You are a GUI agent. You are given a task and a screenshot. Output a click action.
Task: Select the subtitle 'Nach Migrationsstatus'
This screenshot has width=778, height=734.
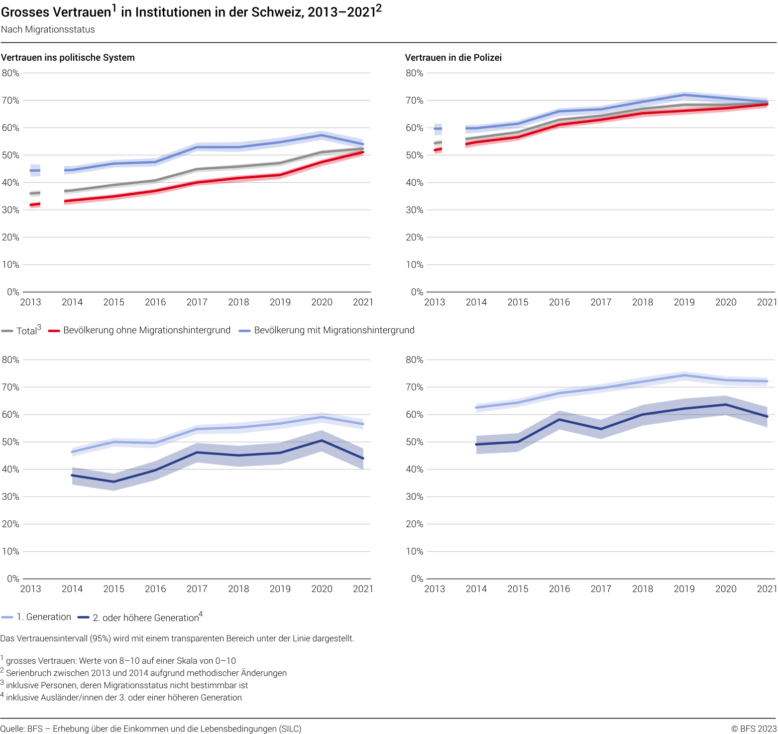point(48,29)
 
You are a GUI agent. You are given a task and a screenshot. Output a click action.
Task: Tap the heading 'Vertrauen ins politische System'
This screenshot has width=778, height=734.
point(68,57)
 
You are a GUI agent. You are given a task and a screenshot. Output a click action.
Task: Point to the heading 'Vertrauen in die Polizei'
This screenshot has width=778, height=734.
point(453,57)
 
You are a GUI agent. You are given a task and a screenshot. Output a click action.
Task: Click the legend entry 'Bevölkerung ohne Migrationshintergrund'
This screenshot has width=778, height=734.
point(146,330)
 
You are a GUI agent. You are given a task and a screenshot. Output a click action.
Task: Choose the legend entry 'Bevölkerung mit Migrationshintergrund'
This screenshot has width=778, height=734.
point(333,330)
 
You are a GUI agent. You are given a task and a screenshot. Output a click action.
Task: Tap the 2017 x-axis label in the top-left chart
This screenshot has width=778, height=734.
point(197,302)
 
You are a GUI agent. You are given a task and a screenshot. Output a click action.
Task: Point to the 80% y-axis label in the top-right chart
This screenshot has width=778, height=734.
point(414,73)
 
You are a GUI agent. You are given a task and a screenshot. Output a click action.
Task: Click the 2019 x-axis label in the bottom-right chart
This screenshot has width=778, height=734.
point(684,589)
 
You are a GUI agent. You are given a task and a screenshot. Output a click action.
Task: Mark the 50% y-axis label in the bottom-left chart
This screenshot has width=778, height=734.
point(10,442)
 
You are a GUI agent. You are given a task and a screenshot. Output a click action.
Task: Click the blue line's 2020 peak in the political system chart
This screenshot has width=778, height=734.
point(322,135)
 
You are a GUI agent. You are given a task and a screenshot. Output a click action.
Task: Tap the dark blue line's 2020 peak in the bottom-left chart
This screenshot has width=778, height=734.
point(322,440)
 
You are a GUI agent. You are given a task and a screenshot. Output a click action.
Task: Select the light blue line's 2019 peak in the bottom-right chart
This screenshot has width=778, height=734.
point(684,375)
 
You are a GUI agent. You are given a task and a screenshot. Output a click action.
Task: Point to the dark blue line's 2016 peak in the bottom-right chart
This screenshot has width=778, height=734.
point(559,419)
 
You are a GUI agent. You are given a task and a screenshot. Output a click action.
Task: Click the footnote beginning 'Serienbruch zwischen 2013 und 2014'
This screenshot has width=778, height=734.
point(146,673)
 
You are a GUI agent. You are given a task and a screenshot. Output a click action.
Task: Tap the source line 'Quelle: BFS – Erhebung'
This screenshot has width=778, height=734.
point(151,729)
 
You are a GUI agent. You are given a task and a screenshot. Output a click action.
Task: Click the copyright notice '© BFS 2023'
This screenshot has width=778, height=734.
point(754,729)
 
